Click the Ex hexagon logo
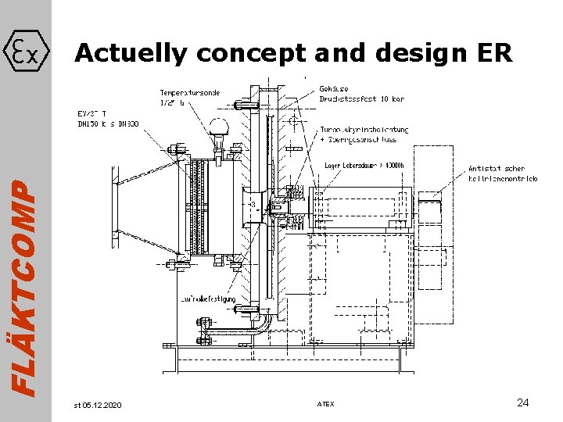(x=27, y=52)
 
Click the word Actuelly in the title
(x=131, y=53)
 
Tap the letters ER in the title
(x=494, y=53)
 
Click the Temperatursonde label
(x=190, y=93)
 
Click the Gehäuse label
(x=335, y=88)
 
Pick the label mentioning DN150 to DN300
(x=108, y=123)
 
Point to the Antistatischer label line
(x=497, y=168)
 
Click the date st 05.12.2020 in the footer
(x=98, y=404)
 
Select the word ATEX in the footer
(x=325, y=404)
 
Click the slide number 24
(x=523, y=402)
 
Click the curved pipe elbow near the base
(x=267, y=325)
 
